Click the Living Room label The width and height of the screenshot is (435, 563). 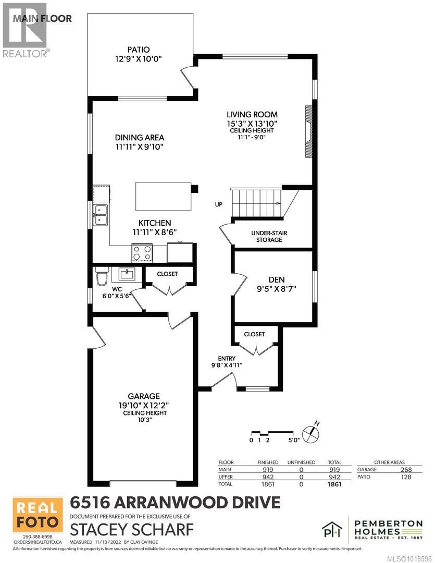252,114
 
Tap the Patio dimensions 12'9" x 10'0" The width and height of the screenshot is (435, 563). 140,59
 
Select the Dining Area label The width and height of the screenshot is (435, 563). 140,138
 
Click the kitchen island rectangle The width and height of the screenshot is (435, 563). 163,195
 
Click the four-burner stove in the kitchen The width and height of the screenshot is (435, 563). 142,253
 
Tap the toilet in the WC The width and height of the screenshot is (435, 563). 101,277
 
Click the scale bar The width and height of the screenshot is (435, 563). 271,433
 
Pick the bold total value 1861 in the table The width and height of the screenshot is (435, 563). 334,484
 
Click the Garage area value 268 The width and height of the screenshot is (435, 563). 406,470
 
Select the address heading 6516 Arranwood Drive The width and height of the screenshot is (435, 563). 175,503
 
